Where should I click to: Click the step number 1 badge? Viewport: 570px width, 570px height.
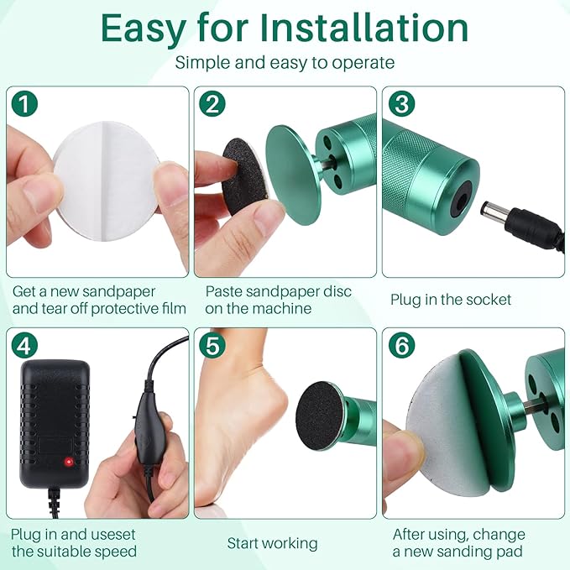tap(26, 105)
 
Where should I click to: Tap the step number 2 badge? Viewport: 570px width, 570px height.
tap(214, 105)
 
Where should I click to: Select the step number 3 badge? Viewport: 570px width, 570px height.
tap(402, 105)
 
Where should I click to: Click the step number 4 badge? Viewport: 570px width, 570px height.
tap(26, 346)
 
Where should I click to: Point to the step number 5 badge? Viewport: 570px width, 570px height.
tap(214, 346)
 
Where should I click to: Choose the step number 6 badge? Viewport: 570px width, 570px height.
tap(402, 346)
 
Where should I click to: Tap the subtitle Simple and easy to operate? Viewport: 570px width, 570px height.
tap(285, 63)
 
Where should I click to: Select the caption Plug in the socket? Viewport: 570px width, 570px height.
tap(451, 300)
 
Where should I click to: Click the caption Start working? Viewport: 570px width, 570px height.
tap(272, 543)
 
